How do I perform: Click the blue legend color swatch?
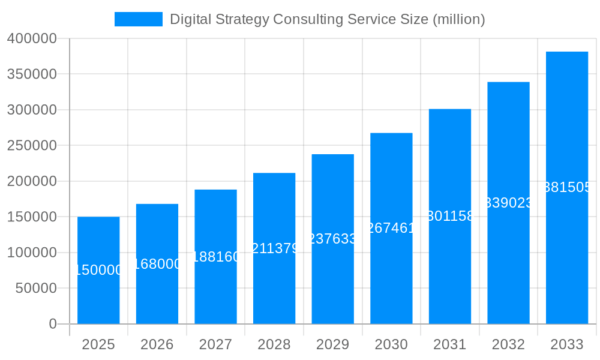coord(138,19)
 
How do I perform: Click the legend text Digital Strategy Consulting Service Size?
coord(327,19)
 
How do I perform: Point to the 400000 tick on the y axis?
coord(32,39)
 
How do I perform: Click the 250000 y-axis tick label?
coord(32,146)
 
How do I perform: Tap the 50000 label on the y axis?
coord(35,289)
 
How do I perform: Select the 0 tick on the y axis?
coord(53,324)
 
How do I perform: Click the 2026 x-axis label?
coord(157,344)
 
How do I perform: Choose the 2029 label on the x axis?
coord(332,344)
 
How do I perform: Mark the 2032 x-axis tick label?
coord(508,344)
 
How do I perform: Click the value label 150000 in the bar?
coord(98,270)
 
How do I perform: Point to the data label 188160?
coord(215,257)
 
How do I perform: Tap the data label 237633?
coord(332,239)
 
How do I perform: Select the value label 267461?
coord(391,228)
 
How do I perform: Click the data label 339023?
coord(508,203)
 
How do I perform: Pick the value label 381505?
coord(566,187)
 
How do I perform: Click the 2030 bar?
coord(391,276)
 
